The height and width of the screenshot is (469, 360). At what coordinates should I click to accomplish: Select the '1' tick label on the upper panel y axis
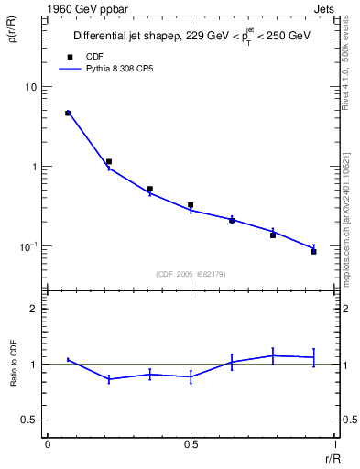pos(34,167)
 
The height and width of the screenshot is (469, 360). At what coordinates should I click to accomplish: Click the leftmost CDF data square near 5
pos(68,114)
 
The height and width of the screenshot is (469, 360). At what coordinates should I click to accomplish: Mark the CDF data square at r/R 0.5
pos(191,205)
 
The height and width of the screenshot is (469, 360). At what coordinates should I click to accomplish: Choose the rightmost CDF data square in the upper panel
pos(313,251)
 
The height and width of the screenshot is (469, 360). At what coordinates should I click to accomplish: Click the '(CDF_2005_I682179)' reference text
pos(190,273)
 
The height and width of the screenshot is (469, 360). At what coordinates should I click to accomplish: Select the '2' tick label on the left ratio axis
pos(34,309)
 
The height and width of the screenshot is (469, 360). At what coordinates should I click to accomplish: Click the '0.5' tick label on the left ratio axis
pos(29,420)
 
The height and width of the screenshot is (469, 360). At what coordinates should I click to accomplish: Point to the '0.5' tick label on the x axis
pos(191,443)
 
